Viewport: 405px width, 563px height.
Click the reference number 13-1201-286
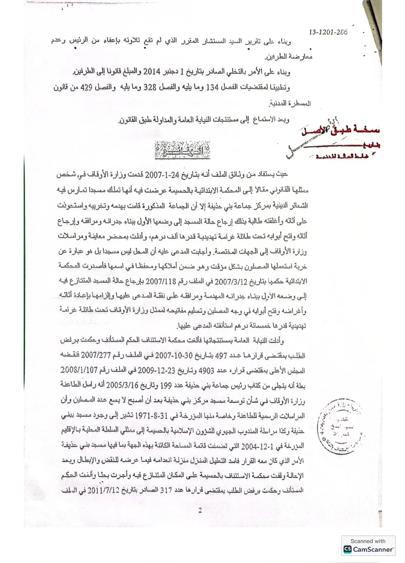328,32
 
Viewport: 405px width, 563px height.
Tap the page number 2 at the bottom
200,510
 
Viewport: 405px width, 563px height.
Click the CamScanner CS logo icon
348,549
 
